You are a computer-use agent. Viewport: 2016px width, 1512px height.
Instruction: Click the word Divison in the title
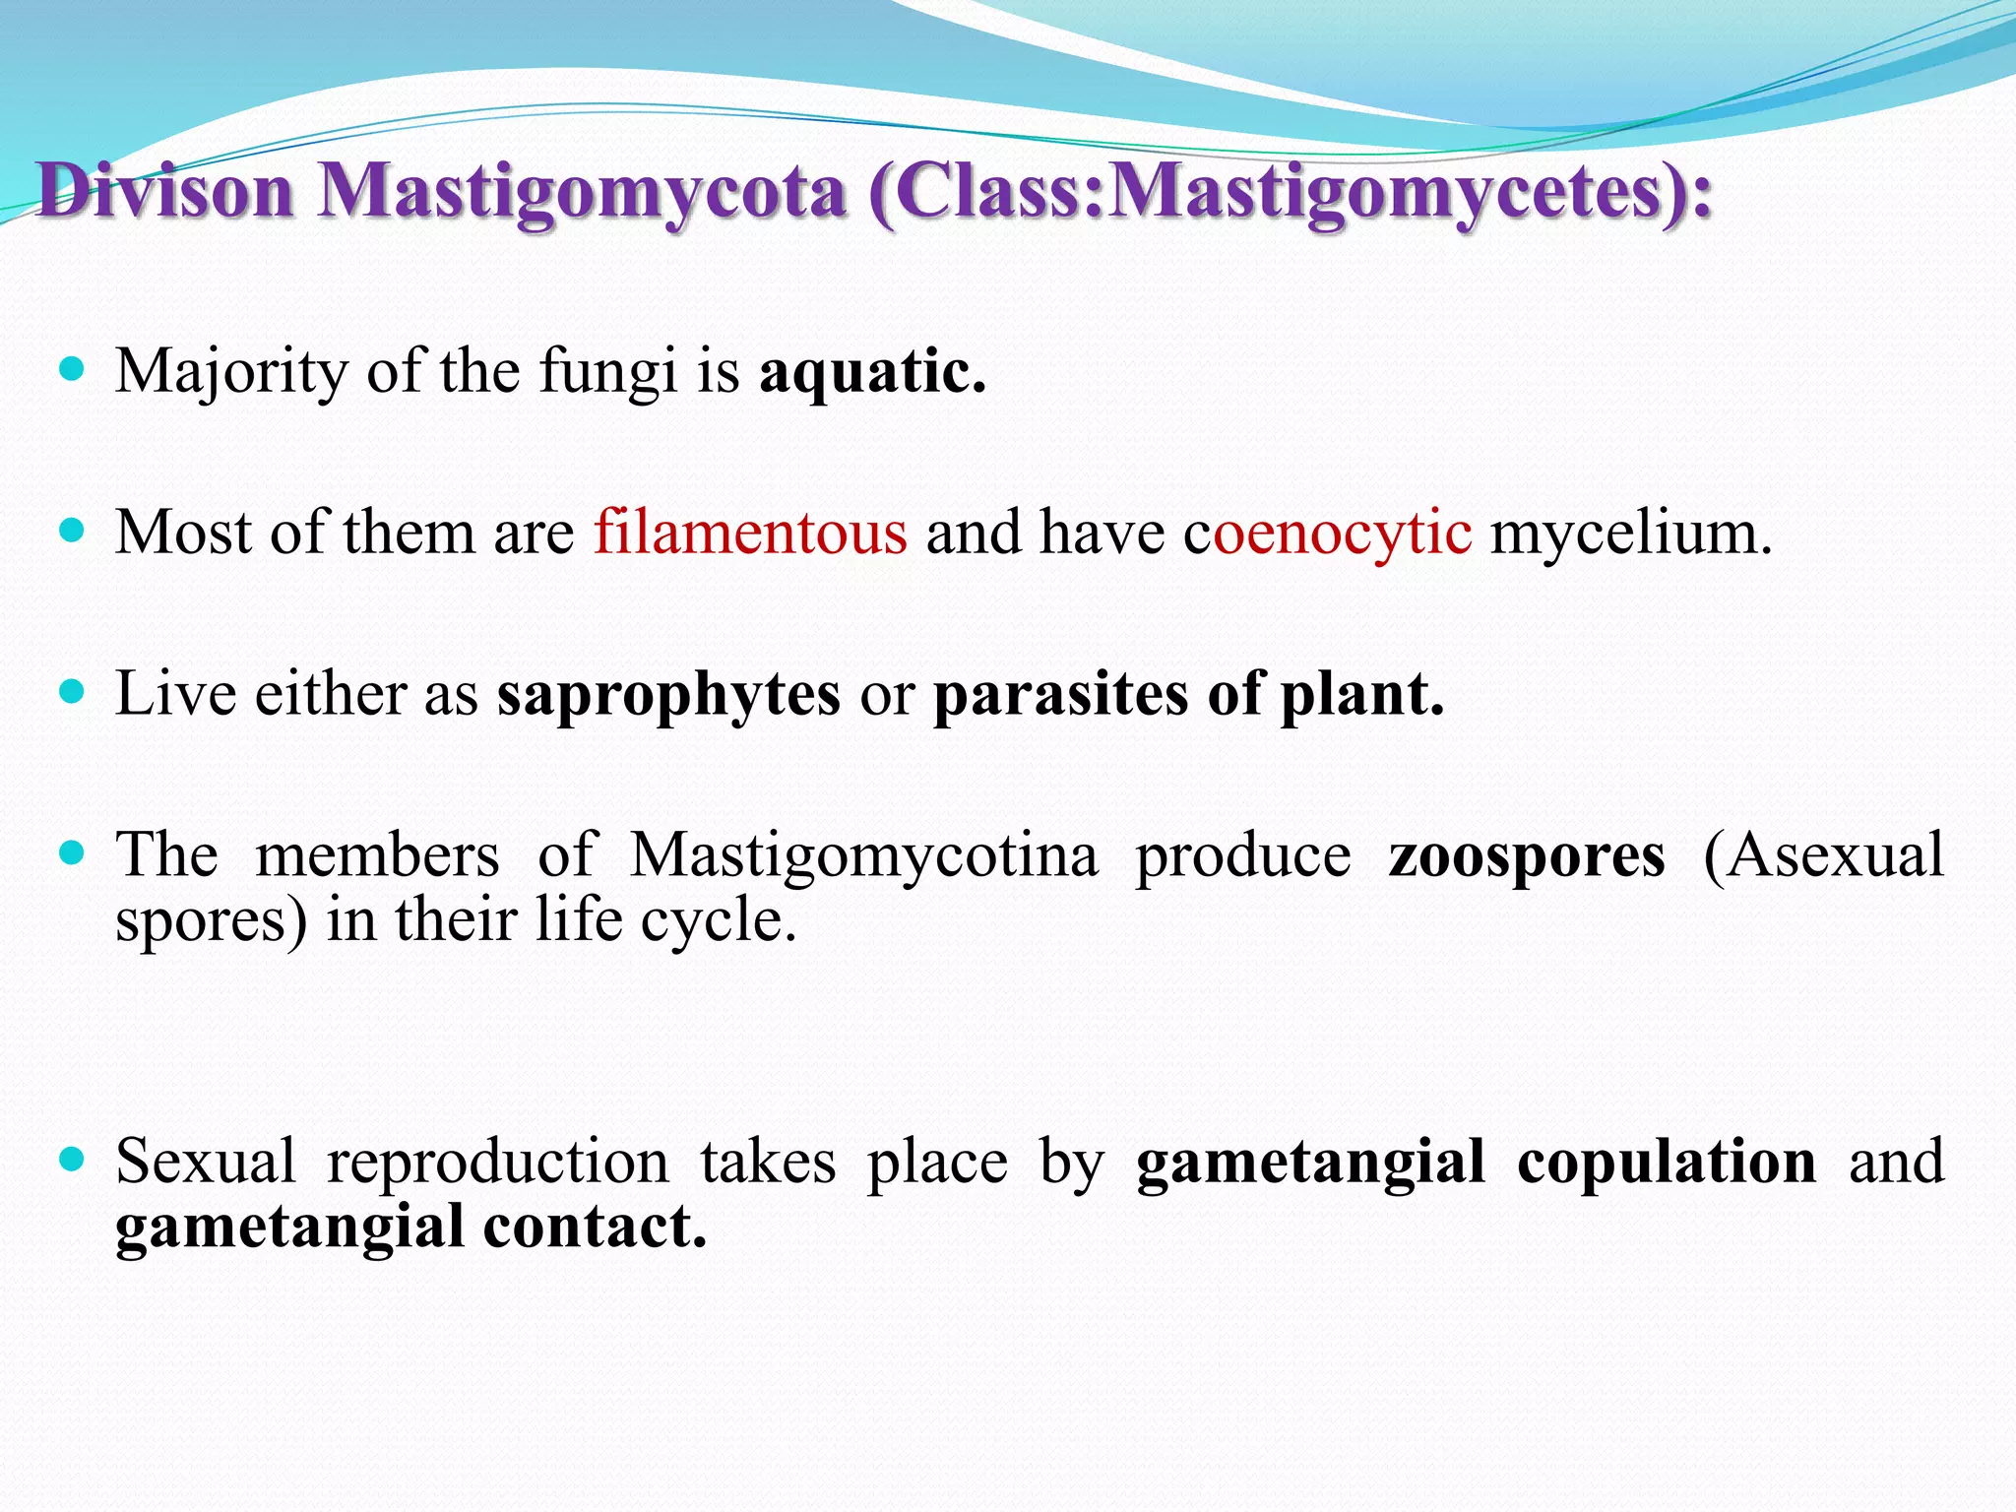(165, 191)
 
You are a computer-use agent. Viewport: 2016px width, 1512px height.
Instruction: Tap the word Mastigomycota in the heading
(582, 191)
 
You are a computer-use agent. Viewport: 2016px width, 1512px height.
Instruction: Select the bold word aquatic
(872, 372)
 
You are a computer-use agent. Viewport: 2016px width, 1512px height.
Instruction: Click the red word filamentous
(750, 533)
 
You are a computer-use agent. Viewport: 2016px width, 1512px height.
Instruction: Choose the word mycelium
(1631, 533)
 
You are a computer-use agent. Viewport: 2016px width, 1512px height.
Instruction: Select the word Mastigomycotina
(863, 853)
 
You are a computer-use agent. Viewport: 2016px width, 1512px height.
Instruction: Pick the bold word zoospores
(1527, 853)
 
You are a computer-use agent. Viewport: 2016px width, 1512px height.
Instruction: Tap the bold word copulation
(1667, 1161)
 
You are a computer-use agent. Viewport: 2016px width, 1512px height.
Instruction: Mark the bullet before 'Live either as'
(72, 691)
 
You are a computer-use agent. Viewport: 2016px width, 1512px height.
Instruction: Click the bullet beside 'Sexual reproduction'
(72, 1159)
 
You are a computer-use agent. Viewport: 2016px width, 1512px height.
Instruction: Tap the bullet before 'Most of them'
(72, 531)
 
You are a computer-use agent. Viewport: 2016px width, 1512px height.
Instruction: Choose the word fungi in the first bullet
(608, 372)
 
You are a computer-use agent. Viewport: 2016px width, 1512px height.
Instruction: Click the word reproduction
(498, 1161)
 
